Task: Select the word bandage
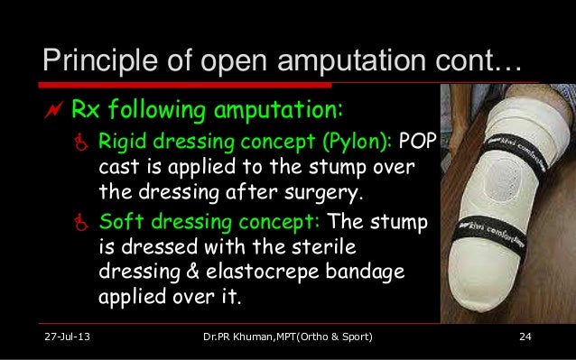pyautogui.click(x=382, y=271)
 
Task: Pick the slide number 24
pyautogui.click(x=524, y=337)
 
